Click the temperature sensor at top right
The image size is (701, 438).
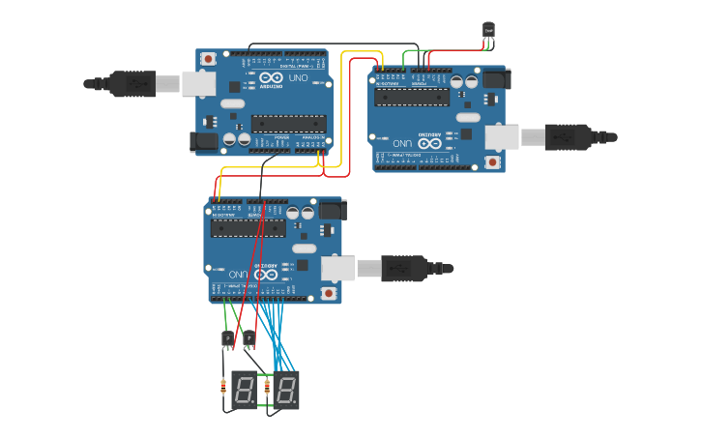[x=489, y=31]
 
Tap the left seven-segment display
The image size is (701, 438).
[x=245, y=390]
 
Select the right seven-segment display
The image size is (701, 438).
[x=286, y=390]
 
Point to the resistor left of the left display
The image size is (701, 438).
[x=224, y=390]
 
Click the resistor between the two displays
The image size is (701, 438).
[x=266, y=390]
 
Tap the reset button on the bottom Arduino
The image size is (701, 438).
[x=329, y=292]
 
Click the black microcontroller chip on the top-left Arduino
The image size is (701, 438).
[x=288, y=123]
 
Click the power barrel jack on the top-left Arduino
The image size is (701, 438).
[x=205, y=142]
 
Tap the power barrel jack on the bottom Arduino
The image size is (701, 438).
[x=332, y=208]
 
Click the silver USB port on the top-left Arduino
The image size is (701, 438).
[x=199, y=84]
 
